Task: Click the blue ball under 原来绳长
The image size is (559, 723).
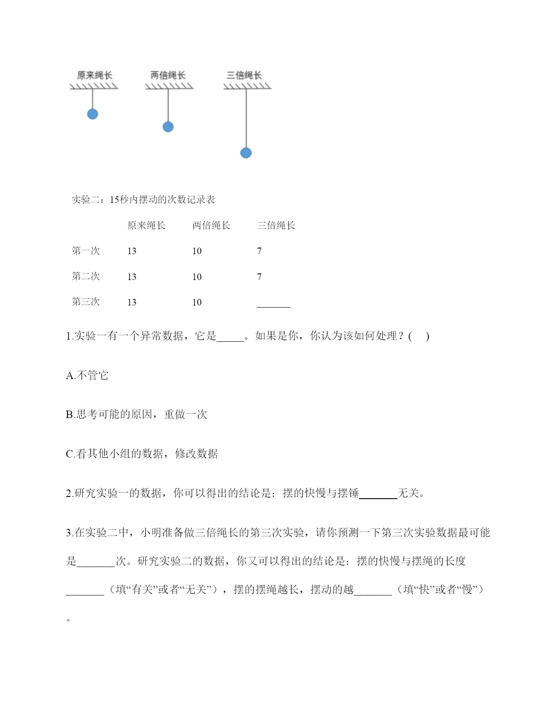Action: point(93,114)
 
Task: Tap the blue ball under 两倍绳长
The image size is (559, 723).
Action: point(168,127)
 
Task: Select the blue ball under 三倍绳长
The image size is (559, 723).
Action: point(246,152)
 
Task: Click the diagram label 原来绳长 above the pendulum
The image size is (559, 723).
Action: point(94,75)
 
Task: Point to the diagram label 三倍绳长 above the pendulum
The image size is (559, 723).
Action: point(244,75)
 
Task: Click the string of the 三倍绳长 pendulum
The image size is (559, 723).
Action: point(246,118)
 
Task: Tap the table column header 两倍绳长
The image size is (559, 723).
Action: point(211,226)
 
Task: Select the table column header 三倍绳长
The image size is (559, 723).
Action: point(276,226)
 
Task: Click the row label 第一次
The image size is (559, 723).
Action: point(86,251)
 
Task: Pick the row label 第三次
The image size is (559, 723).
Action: point(86,302)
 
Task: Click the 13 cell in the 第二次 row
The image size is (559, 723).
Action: point(132,277)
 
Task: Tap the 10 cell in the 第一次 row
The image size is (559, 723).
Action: point(197,251)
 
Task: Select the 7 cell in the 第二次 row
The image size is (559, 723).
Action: point(260,277)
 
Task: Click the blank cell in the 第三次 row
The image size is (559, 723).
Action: point(274,303)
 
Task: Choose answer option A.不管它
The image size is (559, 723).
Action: point(87,376)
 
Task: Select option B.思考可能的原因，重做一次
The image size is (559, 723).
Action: point(136,415)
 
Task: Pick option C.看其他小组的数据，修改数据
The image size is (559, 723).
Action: point(142,454)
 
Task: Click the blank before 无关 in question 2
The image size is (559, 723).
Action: point(378,494)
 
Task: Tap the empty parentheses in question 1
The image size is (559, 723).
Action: point(419,337)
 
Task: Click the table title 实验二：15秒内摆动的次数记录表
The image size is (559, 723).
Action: point(143,200)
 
